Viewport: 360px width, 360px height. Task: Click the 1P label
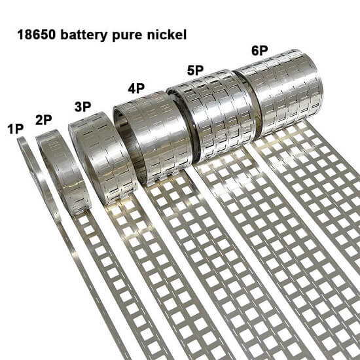pyautogui.click(x=16, y=129)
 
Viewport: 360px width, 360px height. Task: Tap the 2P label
pyautogui.click(x=44, y=120)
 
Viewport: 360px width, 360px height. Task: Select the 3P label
pyautogui.click(x=82, y=107)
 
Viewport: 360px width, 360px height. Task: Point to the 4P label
pyautogui.click(x=136, y=88)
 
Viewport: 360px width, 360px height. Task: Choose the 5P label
pyautogui.click(x=196, y=70)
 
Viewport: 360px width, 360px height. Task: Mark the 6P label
pyautogui.click(x=260, y=51)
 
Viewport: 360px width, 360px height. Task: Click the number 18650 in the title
pyautogui.click(x=37, y=35)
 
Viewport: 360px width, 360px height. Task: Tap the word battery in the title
pyautogui.click(x=84, y=35)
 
